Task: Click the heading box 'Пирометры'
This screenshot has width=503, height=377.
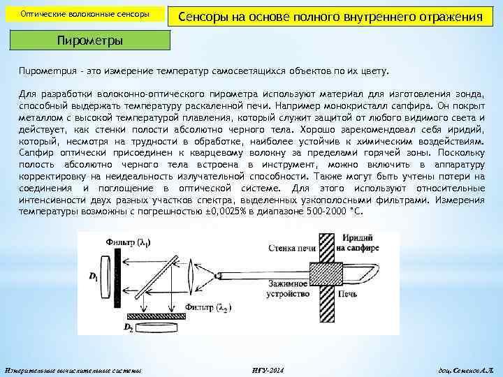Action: [89, 40]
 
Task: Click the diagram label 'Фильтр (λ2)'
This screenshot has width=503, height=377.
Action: [208, 307]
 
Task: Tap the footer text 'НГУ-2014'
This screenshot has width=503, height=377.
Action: [266, 368]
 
